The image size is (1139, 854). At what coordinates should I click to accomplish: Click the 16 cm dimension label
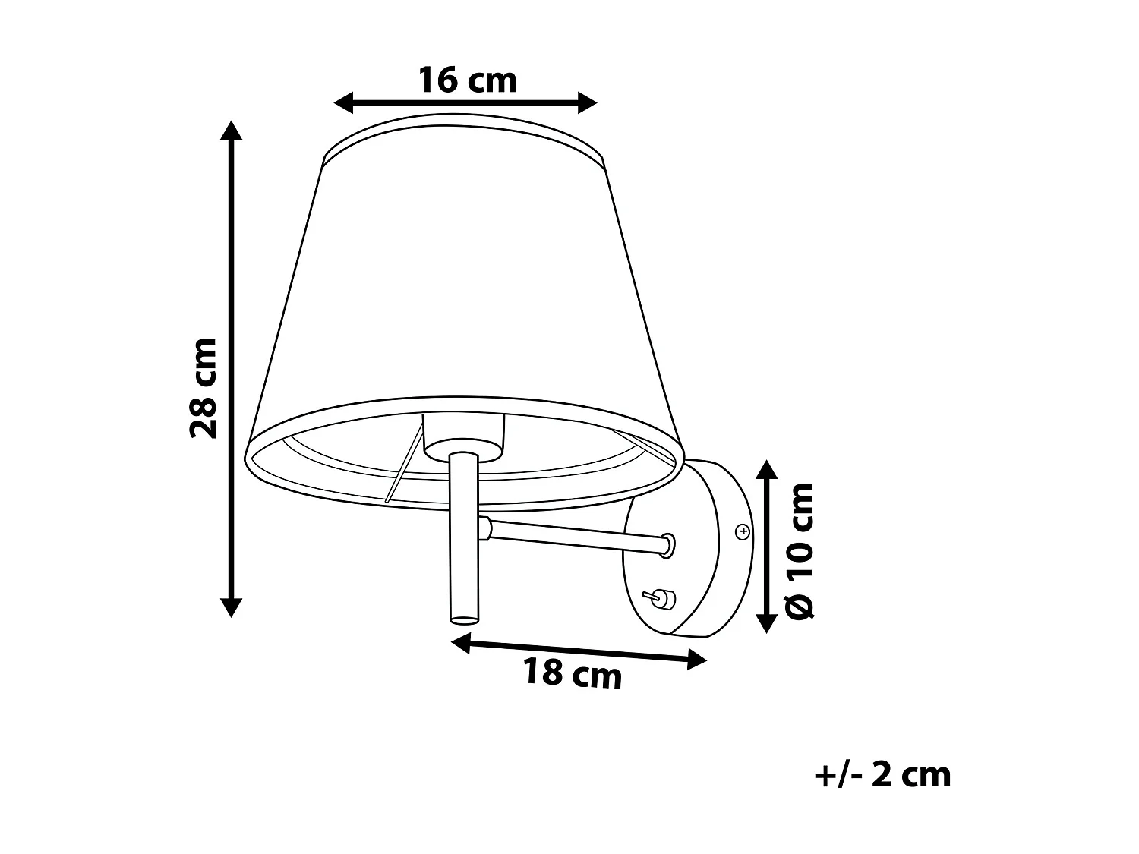[x=468, y=80]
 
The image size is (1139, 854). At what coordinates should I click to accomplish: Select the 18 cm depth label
[x=572, y=673]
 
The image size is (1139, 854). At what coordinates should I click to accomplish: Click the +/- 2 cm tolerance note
[x=882, y=775]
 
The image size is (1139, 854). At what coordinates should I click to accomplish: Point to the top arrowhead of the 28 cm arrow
[x=231, y=131]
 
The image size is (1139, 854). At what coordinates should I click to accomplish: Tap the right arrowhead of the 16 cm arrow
[x=587, y=102]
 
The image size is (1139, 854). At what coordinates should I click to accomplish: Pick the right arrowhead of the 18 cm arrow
[x=696, y=661]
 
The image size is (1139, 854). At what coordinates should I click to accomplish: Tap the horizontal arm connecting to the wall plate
[x=577, y=534]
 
